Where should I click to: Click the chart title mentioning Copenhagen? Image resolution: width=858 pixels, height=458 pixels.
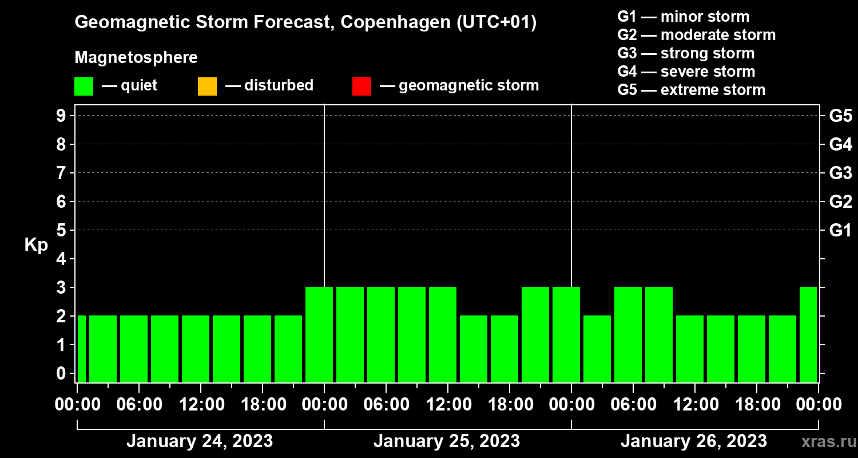[305, 23]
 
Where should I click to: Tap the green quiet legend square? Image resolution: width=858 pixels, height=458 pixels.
[84, 86]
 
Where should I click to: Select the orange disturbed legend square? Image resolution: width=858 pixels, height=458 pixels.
[207, 86]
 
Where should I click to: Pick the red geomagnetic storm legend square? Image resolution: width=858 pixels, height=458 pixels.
[362, 86]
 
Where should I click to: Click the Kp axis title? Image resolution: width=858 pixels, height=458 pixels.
[36, 245]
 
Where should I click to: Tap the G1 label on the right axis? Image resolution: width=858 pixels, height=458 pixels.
[840, 230]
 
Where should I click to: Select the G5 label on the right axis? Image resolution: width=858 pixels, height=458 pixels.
[840, 116]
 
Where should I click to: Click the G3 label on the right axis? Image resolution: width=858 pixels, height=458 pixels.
[840, 173]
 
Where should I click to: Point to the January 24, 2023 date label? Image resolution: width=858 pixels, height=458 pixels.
[199, 441]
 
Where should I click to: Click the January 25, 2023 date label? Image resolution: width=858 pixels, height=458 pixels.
[446, 441]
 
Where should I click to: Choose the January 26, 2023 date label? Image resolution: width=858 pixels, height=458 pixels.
[693, 441]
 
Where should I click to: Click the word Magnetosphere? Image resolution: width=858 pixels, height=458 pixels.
[136, 58]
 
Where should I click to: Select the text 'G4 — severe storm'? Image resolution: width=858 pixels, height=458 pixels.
[686, 72]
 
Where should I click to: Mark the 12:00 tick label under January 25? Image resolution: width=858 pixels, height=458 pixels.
[448, 404]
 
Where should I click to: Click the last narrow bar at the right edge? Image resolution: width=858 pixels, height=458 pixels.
[808, 334]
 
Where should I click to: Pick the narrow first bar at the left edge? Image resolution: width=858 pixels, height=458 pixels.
[81, 349]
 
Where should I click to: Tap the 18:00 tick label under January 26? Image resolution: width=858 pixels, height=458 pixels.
[757, 404]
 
